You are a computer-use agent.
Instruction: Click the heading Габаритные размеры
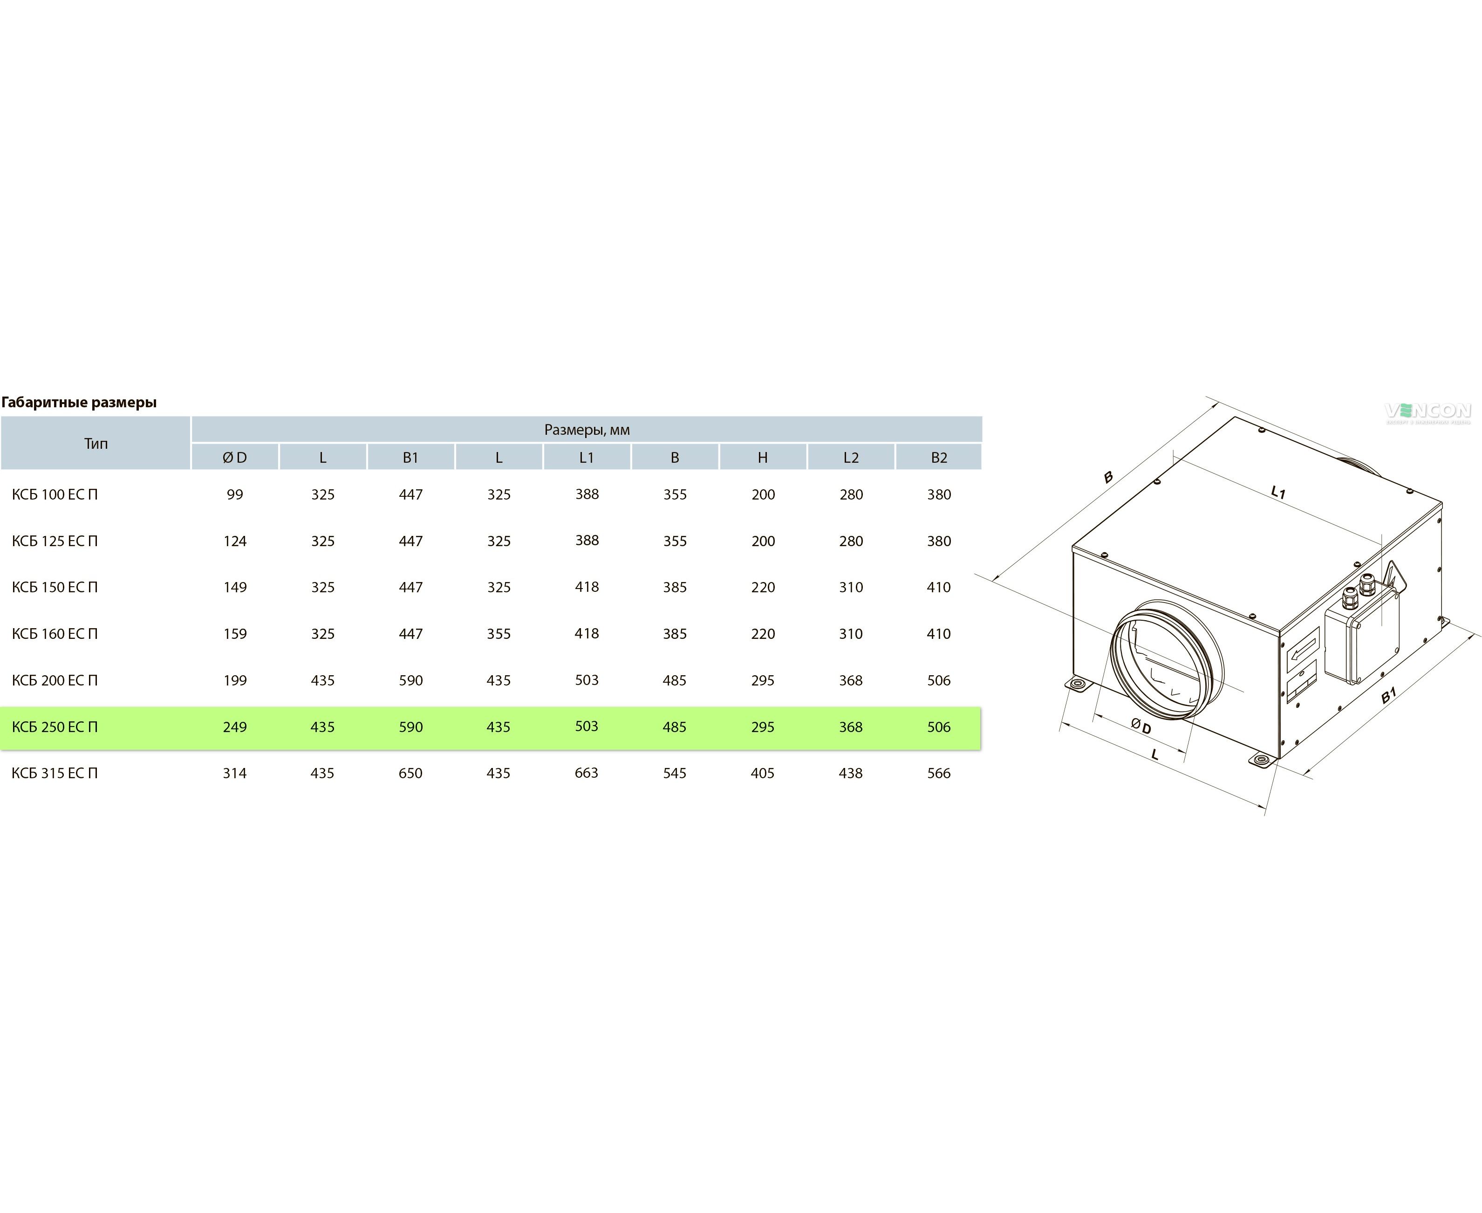[79, 403]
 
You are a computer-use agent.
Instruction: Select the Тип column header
[96, 444]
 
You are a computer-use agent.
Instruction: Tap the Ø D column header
[235, 458]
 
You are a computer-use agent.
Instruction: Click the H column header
[763, 458]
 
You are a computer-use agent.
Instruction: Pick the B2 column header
[939, 458]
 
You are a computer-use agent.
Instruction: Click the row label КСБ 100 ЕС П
[55, 495]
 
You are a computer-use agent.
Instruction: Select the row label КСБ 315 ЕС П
[55, 774]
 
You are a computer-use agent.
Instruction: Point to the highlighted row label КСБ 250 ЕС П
[55, 727]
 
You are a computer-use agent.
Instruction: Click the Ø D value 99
[235, 495]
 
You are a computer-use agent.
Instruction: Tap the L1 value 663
[587, 773]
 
